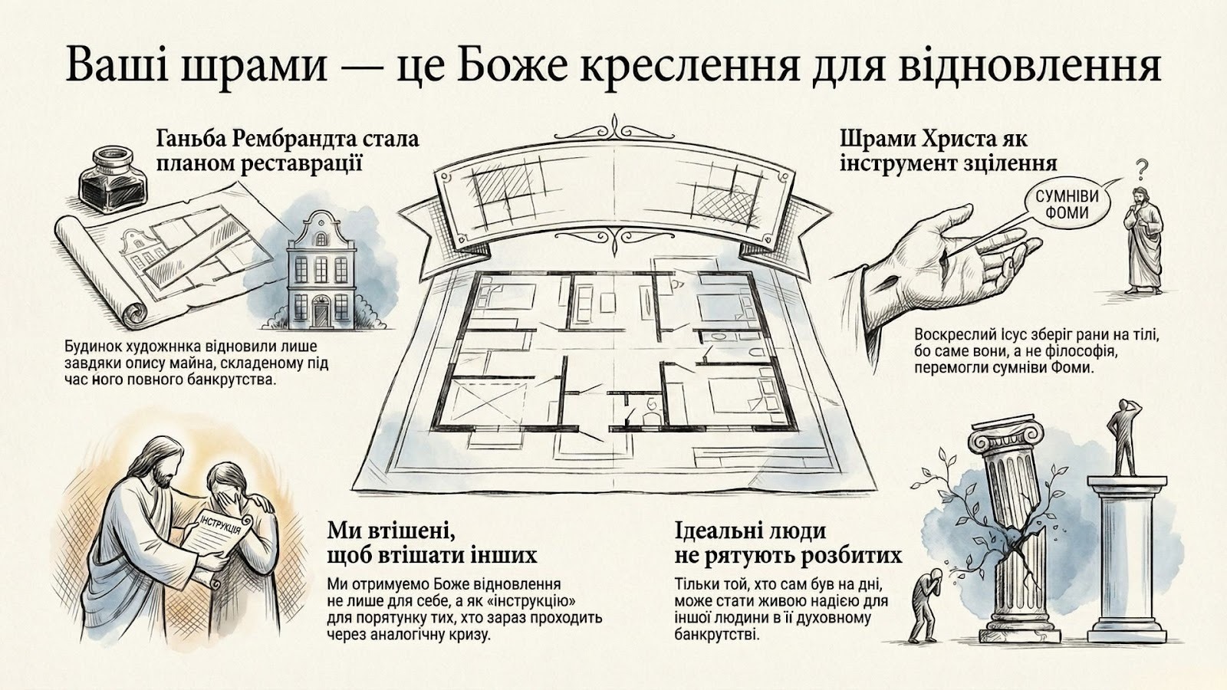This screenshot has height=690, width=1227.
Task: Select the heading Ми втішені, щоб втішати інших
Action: coord(432,542)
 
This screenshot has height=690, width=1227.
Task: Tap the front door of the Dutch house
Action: coord(320,311)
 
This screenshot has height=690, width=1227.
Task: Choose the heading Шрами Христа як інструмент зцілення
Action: coord(949,151)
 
